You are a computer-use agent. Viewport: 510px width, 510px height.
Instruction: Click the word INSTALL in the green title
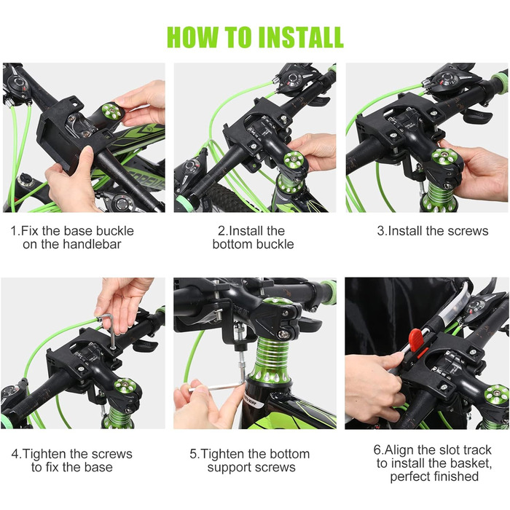(x=301, y=37)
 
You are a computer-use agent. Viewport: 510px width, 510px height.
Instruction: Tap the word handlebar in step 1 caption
(x=92, y=244)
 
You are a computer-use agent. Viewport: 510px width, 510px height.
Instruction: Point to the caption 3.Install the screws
(x=433, y=231)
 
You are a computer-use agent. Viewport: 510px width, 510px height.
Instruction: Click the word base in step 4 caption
(x=98, y=467)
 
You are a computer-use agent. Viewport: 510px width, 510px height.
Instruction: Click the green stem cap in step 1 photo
(x=111, y=111)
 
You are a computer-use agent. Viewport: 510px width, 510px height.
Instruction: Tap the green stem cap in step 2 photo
(x=294, y=160)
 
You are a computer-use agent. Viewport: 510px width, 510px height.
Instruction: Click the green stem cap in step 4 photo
(x=125, y=386)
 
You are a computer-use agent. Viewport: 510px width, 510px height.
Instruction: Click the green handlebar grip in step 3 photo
(x=498, y=79)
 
